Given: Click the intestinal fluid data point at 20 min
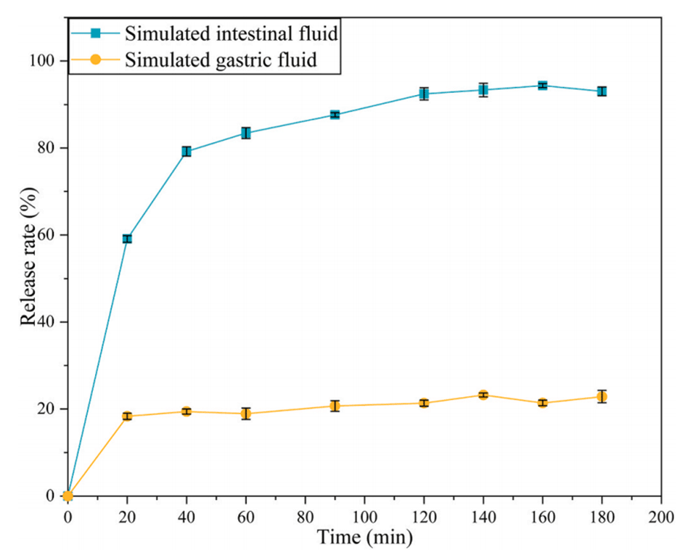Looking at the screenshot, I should (x=127, y=239).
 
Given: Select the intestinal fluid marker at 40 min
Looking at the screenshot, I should (x=186, y=152).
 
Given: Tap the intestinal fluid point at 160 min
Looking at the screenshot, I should (x=542, y=86).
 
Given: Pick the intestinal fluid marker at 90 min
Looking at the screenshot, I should (x=335, y=115).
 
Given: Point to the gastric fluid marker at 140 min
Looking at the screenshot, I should (x=483, y=395).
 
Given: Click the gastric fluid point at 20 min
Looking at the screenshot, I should (x=127, y=416).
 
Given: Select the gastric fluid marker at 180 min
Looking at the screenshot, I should (x=602, y=396).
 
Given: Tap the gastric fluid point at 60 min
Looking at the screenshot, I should (x=246, y=414).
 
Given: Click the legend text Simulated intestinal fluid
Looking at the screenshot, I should (x=232, y=33).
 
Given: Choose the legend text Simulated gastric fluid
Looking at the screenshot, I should (x=221, y=60).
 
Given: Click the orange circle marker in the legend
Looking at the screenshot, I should (x=95, y=60).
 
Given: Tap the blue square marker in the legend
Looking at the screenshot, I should (x=95, y=33).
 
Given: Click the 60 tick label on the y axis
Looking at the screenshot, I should (x=49, y=235).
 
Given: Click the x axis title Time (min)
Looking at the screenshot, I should (x=364, y=538).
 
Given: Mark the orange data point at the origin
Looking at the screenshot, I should (x=68, y=496).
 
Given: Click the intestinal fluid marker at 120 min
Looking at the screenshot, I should (x=424, y=94).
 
